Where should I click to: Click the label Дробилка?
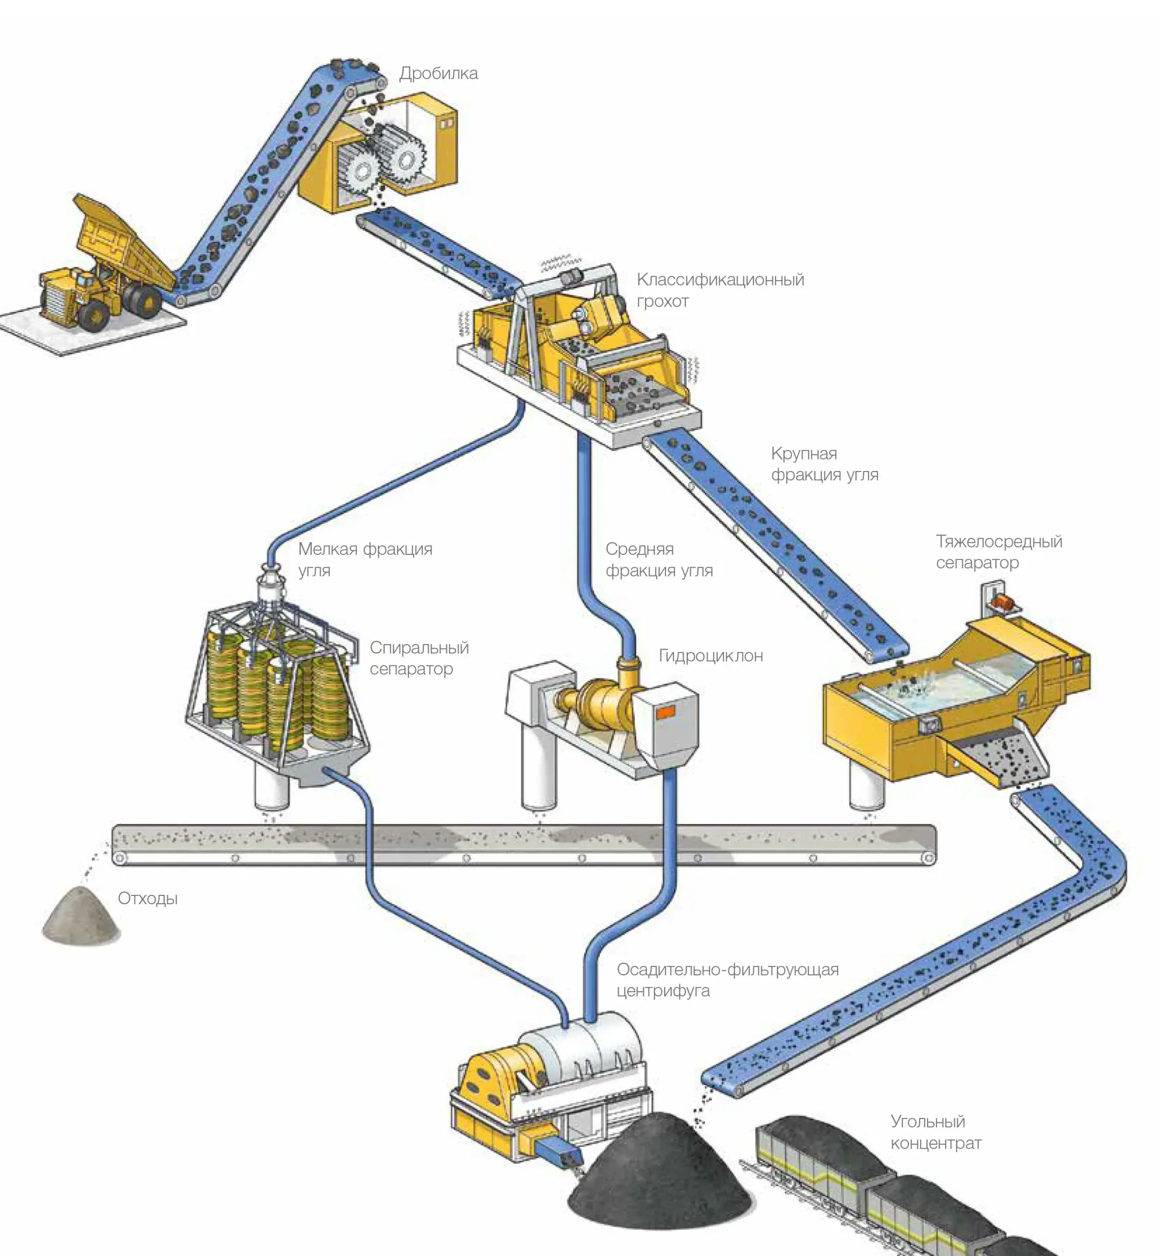point(438,74)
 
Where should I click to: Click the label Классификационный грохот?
point(720,290)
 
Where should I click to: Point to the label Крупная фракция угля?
point(824,464)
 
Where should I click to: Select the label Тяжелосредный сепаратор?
point(998,551)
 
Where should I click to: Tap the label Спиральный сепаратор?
point(419,657)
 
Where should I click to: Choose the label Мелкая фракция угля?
point(365,559)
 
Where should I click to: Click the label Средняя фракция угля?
point(658,559)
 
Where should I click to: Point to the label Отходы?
point(148,898)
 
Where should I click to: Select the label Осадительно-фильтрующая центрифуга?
point(727,980)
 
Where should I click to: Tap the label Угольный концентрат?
point(935,1132)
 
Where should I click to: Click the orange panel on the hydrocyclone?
point(666,711)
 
